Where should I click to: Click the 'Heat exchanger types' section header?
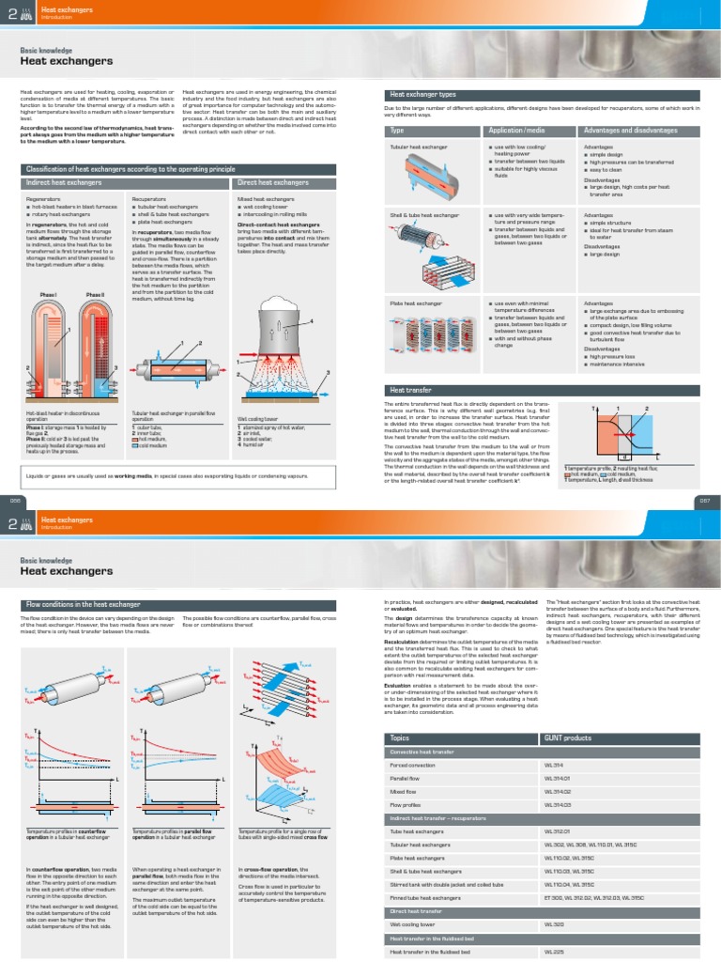[x=422, y=95]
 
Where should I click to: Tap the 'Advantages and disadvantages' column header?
[x=629, y=131]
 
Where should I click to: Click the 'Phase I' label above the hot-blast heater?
[x=49, y=295]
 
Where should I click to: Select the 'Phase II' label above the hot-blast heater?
[x=95, y=295]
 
